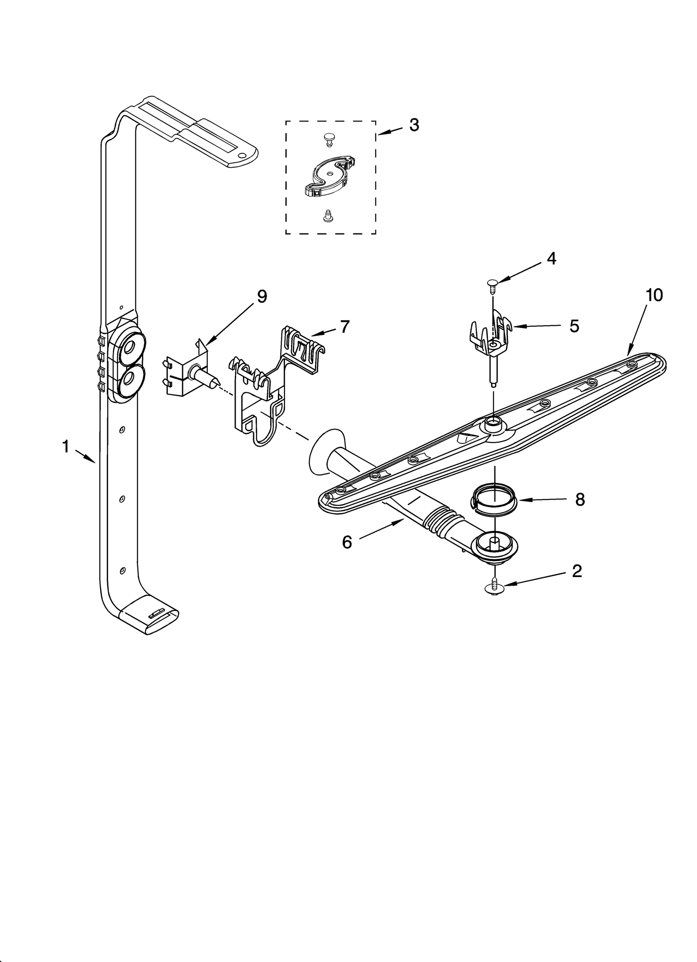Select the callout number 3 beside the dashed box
[413, 125]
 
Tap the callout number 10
[654, 295]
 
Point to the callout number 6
[347, 543]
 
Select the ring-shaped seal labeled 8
[494, 503]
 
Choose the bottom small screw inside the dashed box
[327, 216]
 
